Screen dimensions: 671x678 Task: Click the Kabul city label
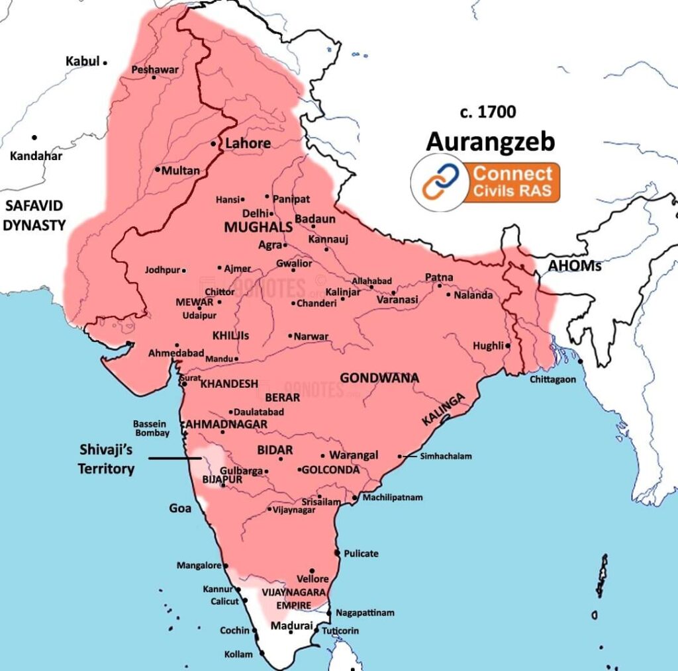(x=82, y=62)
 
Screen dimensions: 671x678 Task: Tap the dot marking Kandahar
(x=34, y=138)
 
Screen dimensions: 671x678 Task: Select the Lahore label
(x=248, y=144)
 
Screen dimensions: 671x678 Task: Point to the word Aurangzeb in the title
(x=490, y=142)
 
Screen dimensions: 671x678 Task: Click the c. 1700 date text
(x=488, y=112)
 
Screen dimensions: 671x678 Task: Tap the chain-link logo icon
(x=437, y=183)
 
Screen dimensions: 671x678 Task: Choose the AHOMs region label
(x=574, y=266)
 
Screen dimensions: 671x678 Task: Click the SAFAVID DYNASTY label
(x=34, y=215)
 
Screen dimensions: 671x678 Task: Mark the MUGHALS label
(x=258, y=227)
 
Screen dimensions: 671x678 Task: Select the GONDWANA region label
(x=379, y=378)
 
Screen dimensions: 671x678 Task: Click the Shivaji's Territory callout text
(x=107, y=459)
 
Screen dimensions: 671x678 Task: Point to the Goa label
(x=180, y=508)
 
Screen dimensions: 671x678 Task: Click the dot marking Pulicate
(x=337, y=553)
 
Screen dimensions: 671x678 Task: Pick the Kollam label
(x=238, y=654)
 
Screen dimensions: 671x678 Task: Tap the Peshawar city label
(x=155, y=69)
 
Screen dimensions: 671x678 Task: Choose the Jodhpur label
(x=162, y=270)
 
